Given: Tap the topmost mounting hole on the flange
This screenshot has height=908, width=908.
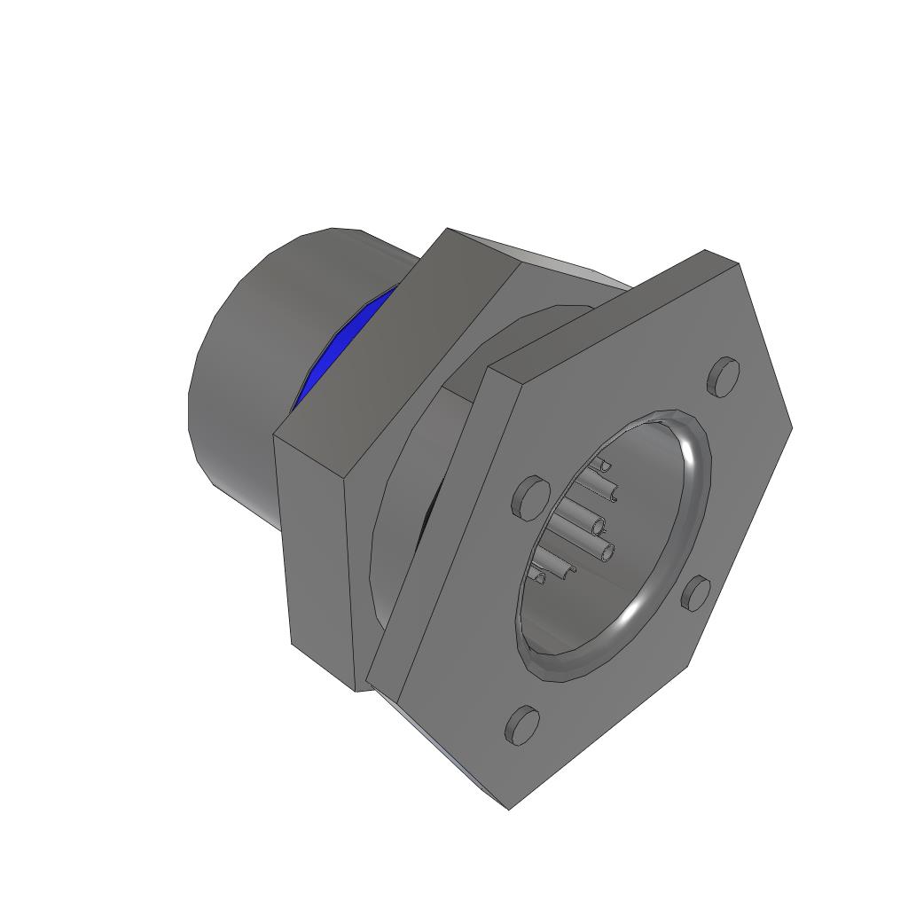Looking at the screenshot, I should pos(724,376).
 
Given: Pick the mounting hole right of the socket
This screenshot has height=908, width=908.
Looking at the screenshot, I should pos(697,593).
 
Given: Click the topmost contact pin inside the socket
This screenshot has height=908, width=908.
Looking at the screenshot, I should pos(602,465).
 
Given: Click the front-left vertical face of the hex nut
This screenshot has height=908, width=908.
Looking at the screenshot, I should pos(319,550).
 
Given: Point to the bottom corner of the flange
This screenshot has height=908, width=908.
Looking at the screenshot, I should pos(509,805).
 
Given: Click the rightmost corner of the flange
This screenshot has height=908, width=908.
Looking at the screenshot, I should pos(788,428).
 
